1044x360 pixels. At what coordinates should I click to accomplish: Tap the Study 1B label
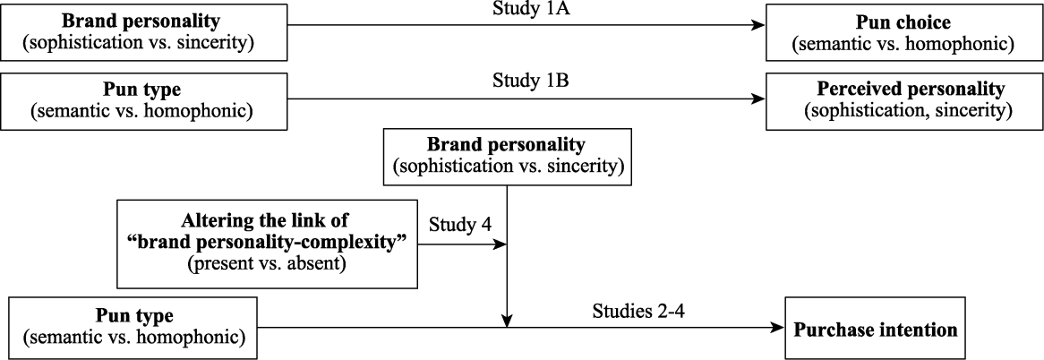pos(526,83)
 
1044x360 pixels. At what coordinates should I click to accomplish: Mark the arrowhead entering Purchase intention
pos(779,329)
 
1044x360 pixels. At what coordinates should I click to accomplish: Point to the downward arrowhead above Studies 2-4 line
pos(508,321)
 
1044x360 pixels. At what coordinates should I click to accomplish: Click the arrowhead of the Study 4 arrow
pos(501,244)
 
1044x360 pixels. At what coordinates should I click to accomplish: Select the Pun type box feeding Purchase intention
pos(133,329)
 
